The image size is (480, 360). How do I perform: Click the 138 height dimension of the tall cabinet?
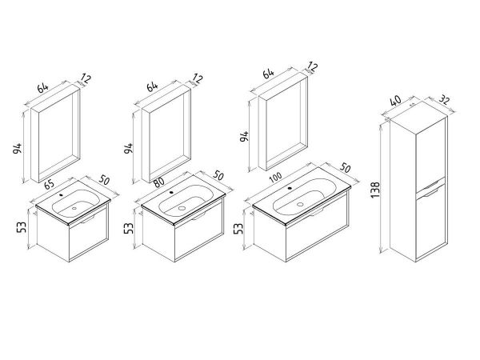tap(375, 190)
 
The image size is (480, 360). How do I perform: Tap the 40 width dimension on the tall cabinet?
tap(396, 101)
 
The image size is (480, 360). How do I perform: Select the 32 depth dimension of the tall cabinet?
tap(445, 99)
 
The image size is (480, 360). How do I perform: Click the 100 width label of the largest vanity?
tap(276, 178)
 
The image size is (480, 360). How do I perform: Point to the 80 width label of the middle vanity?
tap(159, 182)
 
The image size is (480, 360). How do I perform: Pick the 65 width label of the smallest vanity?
tap(50, 185)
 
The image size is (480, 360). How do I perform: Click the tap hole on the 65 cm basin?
tap(62, 194)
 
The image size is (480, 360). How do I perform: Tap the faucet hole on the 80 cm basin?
tap(171, 193)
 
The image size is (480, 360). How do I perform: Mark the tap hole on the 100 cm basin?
tap(290, 188)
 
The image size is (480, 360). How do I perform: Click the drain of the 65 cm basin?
tap(74, 208)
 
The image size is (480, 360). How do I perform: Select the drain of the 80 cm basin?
tap(182, 208)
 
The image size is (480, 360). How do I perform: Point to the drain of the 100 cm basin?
tap(300, 204)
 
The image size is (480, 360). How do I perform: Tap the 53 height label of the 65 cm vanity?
tap(22, 227)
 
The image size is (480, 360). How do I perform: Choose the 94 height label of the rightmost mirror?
tap(244, 136)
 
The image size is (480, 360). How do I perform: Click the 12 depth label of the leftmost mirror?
tap(86, 78)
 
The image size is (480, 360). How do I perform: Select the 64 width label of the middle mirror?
tap(152, 86)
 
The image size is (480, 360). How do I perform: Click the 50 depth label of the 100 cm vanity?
tap(345, 168)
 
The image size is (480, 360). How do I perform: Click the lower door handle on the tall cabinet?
tap(431, 193)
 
